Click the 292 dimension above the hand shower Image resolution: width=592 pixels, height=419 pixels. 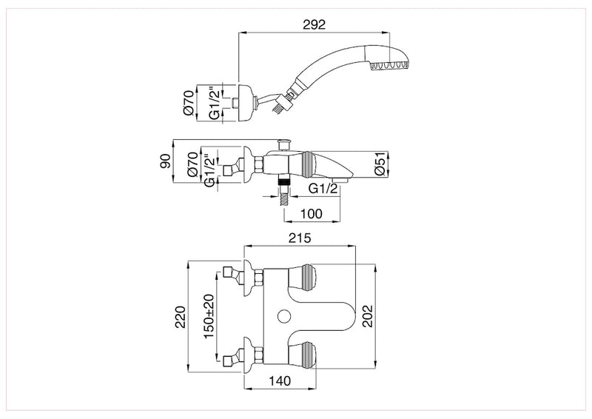click(314, 24)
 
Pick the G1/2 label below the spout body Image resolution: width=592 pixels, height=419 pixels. click(323, 188)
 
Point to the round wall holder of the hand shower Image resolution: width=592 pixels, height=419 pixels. click(243, 101)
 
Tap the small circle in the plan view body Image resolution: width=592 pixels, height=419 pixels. click(282, 318)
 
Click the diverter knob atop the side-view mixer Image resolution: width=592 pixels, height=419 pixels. click(283, 143)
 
